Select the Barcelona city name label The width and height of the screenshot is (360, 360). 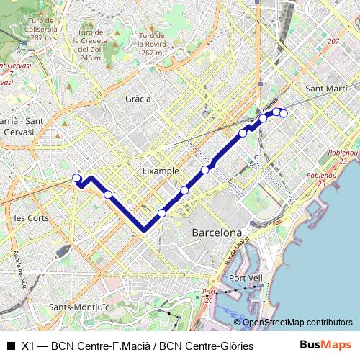pyautogui.click(x=217, y=233)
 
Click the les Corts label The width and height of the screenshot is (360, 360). pyautogui.click(x=30, y=217)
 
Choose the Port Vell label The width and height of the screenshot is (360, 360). pyautogui.click(x=245, y=278)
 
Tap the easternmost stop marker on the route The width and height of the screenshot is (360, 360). pyautogui.click(x=284, y=112)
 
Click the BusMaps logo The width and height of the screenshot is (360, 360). pyautogui.click(x=325, y=345)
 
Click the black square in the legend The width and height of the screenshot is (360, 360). pyautogui.click(x=11, y=346)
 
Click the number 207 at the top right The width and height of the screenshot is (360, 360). pyautogui.click(x=332, y=42)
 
